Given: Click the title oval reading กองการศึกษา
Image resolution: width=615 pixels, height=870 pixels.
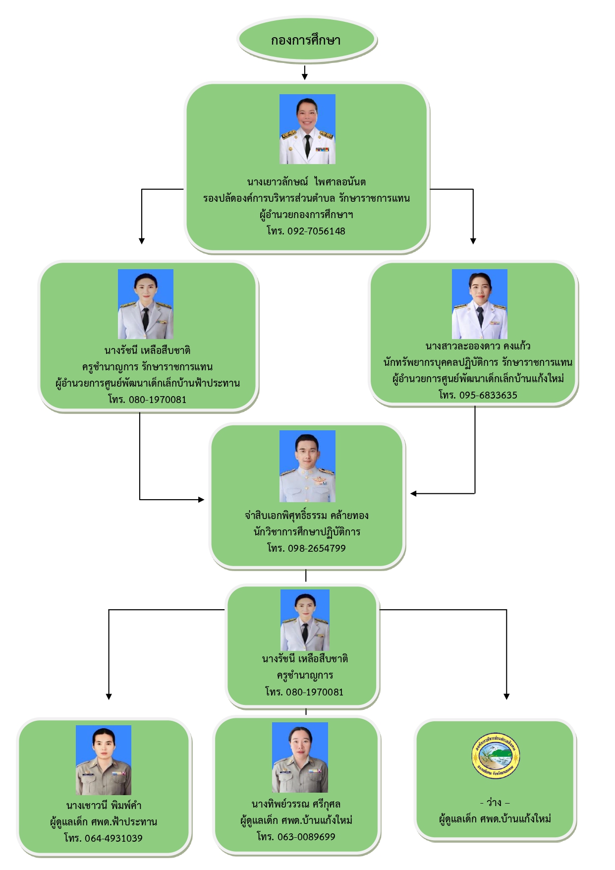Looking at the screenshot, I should coord(306,40).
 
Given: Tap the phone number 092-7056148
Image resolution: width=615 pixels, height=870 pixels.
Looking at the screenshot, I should coord(316,231).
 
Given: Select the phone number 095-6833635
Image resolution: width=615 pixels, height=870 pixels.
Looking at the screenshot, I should coord(488,395).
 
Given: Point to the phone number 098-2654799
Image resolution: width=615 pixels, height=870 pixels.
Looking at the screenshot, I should coord(317,548).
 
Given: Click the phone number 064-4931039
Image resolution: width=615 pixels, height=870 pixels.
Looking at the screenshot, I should coord(113,838).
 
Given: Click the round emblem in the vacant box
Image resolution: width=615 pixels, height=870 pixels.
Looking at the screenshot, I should coord(496,756).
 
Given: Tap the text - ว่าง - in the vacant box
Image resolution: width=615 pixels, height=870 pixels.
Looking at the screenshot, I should coord(495,803).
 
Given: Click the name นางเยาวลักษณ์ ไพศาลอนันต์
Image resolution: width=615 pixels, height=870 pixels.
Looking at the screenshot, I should coord(306,182).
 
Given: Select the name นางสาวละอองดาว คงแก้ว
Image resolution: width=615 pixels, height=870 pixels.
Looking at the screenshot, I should coord(478,346).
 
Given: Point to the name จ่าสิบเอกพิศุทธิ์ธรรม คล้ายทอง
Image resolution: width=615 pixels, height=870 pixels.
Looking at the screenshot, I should coord(306,516).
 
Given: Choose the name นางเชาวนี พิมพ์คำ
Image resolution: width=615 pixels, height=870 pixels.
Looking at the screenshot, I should coord(104,806).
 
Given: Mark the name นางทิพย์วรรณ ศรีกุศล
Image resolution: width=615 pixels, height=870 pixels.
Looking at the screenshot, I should coord(296,804).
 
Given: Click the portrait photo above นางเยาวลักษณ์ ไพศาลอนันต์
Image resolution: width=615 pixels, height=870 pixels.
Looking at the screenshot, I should coord(307,129).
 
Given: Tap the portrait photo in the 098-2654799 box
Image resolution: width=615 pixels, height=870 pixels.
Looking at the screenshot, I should coord(307,466).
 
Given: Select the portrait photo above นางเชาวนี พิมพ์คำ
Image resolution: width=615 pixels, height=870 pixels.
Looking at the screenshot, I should coord(104,760).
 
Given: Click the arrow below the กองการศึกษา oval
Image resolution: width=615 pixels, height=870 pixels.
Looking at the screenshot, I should coord(305,73).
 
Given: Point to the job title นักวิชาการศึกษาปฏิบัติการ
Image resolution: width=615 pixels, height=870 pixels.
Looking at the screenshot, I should coord(307,532).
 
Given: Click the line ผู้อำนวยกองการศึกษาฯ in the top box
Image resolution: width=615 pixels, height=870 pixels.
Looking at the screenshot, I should coord(306,215).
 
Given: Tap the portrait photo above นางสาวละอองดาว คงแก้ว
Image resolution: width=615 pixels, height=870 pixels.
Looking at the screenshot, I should coord(479,304).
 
